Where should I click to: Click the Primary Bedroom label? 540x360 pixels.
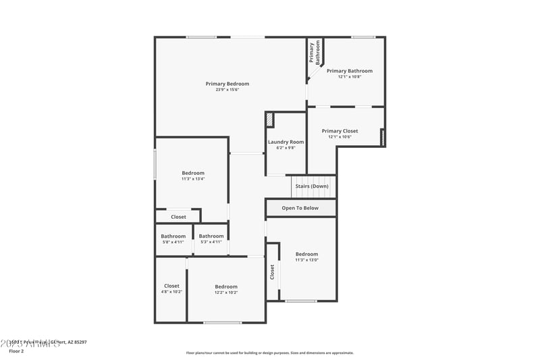227,84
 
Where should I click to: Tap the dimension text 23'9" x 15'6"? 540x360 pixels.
227,90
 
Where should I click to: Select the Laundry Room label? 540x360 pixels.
286,142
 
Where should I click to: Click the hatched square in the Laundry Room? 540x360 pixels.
270,120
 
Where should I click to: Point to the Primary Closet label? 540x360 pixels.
340,131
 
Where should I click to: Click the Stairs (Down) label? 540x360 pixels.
312,186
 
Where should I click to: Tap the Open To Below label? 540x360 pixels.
300,208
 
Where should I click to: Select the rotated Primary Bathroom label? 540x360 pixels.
315,53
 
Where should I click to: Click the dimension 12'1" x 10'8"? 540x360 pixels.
350,76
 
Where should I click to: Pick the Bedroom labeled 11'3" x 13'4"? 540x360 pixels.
193,173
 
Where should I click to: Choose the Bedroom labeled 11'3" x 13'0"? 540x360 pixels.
306,254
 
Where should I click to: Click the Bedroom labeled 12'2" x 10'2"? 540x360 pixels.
226,286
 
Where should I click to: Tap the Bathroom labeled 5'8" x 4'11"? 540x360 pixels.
173,236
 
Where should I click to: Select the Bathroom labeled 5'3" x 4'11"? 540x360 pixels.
211,236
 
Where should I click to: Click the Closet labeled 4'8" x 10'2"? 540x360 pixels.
171,286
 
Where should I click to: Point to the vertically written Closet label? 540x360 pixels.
272,272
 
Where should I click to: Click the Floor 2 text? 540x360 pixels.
16,351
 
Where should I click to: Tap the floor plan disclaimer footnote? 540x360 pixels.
269,353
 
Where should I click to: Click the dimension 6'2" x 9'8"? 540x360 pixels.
286,148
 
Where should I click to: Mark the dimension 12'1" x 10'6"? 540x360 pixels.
340,137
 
